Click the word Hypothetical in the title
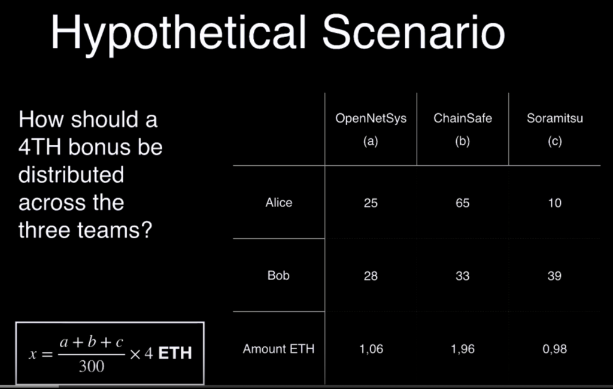178,34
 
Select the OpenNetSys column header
371,118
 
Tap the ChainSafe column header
463,118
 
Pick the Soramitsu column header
555,118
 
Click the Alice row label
279,202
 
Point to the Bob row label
278,276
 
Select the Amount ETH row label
278,349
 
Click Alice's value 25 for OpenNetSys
371,203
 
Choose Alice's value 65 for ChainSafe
463,203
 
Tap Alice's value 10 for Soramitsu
555,203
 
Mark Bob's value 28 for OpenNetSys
371,276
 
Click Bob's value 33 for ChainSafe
463,276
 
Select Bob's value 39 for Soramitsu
554,276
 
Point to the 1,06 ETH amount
371,349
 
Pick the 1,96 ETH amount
463,349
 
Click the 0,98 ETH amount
555,349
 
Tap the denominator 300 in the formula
92,366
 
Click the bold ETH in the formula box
175,354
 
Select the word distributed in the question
71,175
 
